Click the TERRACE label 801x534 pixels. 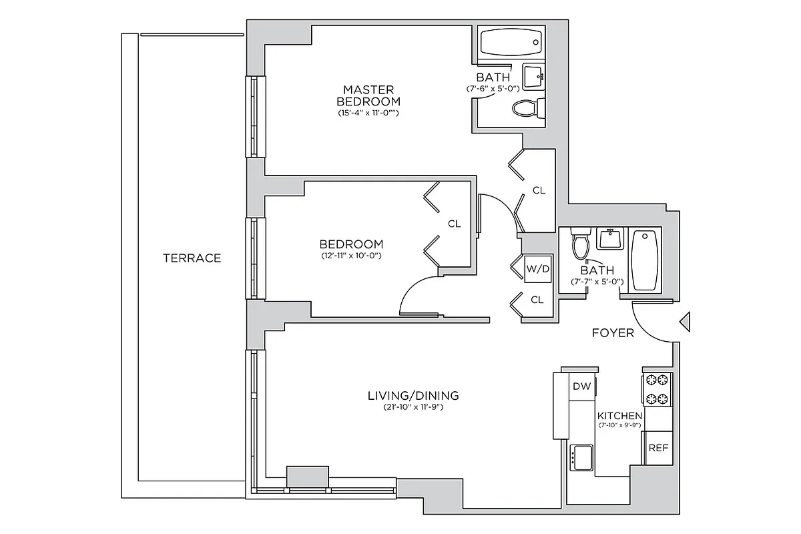pyautogui.click(x=192, y=258)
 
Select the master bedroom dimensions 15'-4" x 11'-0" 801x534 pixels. pyautogui.click(x=368, y=113)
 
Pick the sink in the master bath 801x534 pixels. pyautogui.click(x=533, y=77)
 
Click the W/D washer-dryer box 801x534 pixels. pyautogui.click(x=538, y=270)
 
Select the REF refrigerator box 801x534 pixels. pyautogui.click(x=658, y=448)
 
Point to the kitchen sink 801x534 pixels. pyautogui.click(x=581, y=458)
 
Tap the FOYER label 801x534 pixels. pyautogui.click(x=613, y=332)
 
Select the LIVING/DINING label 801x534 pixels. pyautogui.click(x=413, y=396)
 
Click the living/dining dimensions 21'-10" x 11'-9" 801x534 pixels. pyautogui.click(x=413, y=407)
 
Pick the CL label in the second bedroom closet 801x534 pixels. pyautogui.click(x=454, y=224)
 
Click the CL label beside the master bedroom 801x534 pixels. pyautogui.click(x=539, y=190)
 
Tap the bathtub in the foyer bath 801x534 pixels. pyautogui.click(x=645, y=260)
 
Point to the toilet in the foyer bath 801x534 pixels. pyautogui.click(x=580, y=244)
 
